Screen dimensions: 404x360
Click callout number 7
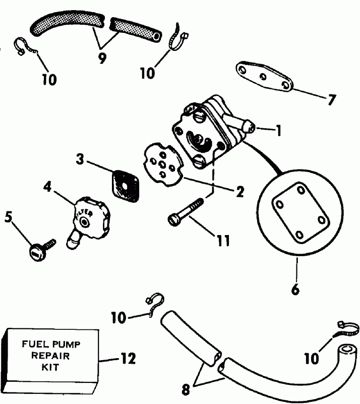point(330,100)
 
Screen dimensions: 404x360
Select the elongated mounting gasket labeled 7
point(264,77)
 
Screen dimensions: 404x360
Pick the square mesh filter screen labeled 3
point(123,181)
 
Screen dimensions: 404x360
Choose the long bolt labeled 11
point(187,211)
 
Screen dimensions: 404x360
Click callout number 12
point(129,359)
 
